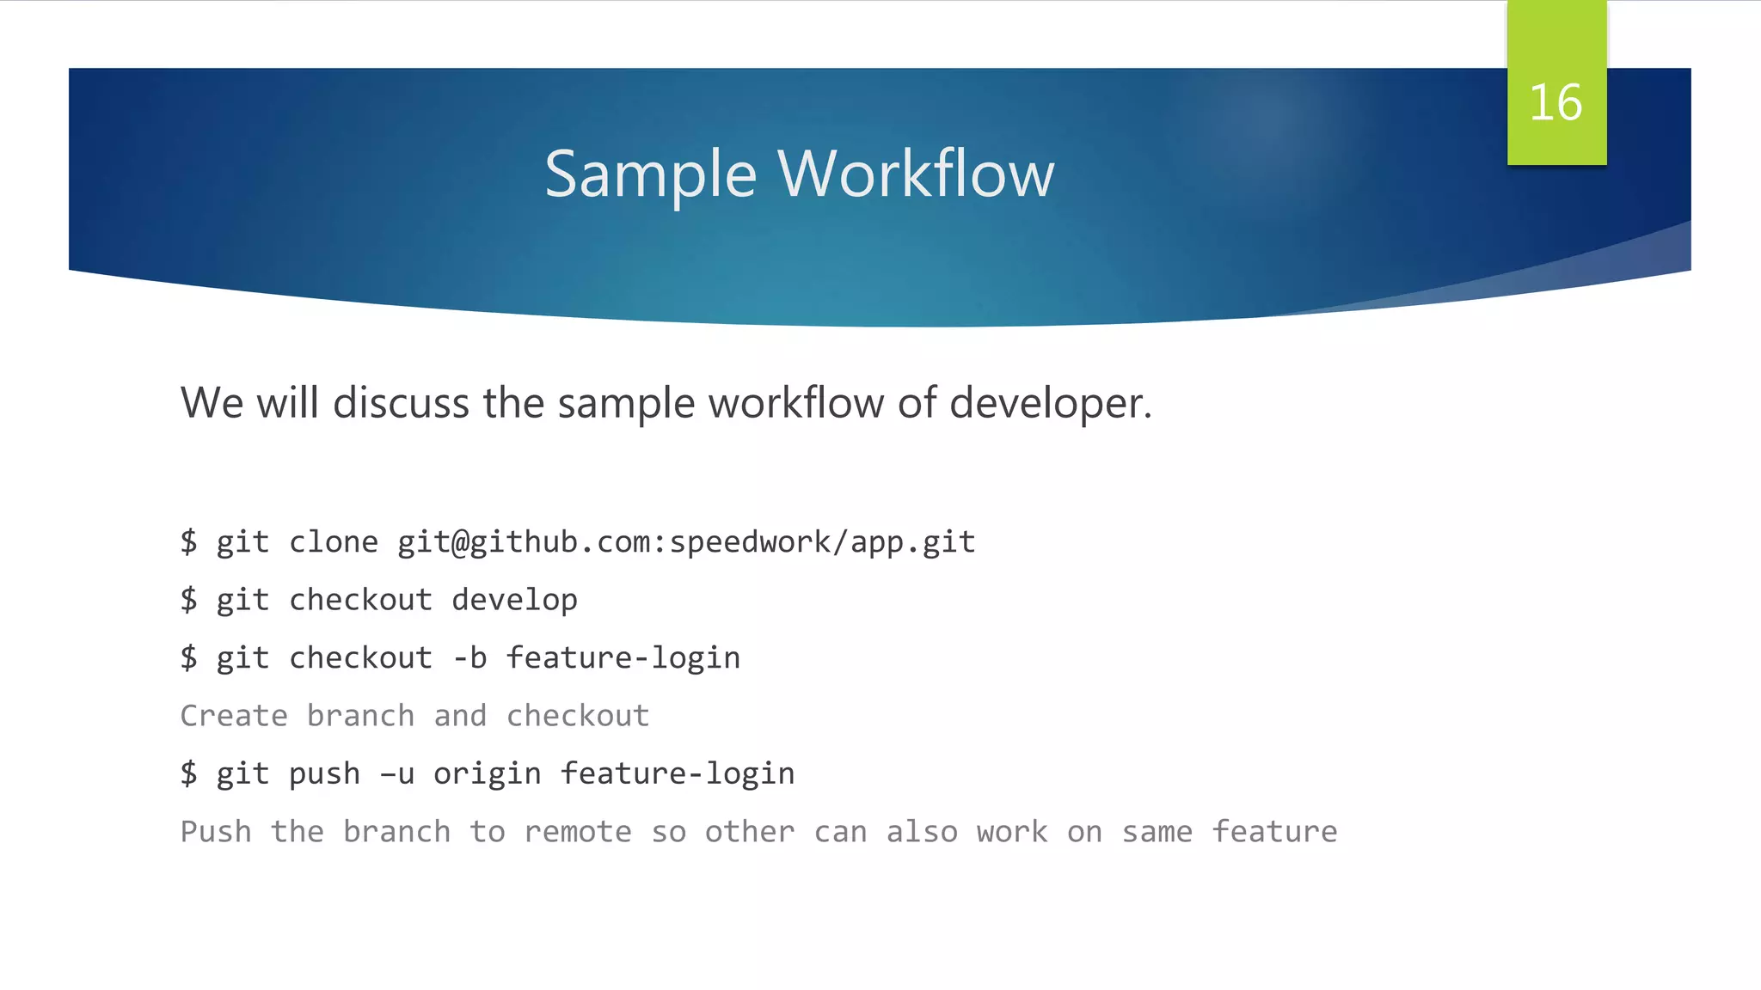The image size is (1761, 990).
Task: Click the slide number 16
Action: tap(1555, 103)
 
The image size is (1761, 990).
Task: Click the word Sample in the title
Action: tap(650, 174)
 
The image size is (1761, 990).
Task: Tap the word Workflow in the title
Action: tap(916, 174)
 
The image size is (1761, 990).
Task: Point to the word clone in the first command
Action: tap(333, 542)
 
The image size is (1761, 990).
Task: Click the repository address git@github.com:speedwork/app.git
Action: tap(685, 542)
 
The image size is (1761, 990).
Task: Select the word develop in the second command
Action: tap(514, 601)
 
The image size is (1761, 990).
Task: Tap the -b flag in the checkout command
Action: tap(469, 658)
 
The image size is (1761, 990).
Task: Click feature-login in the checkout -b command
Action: tap(623, 658)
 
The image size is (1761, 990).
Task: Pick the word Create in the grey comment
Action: tap(234, 716)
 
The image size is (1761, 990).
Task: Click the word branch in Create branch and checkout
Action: tap(360, 716)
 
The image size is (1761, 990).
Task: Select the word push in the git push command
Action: tap(324, 774)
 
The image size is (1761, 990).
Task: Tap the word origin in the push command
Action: tap(487, 774)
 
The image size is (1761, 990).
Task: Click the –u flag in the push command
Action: tap(397, 774)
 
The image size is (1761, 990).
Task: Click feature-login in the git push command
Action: tap(677, 774)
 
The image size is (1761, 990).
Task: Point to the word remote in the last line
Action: tap(577, 832)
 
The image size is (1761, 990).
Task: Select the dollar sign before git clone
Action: tap(188, 542)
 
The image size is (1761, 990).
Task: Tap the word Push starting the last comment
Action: tap(216, 832)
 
